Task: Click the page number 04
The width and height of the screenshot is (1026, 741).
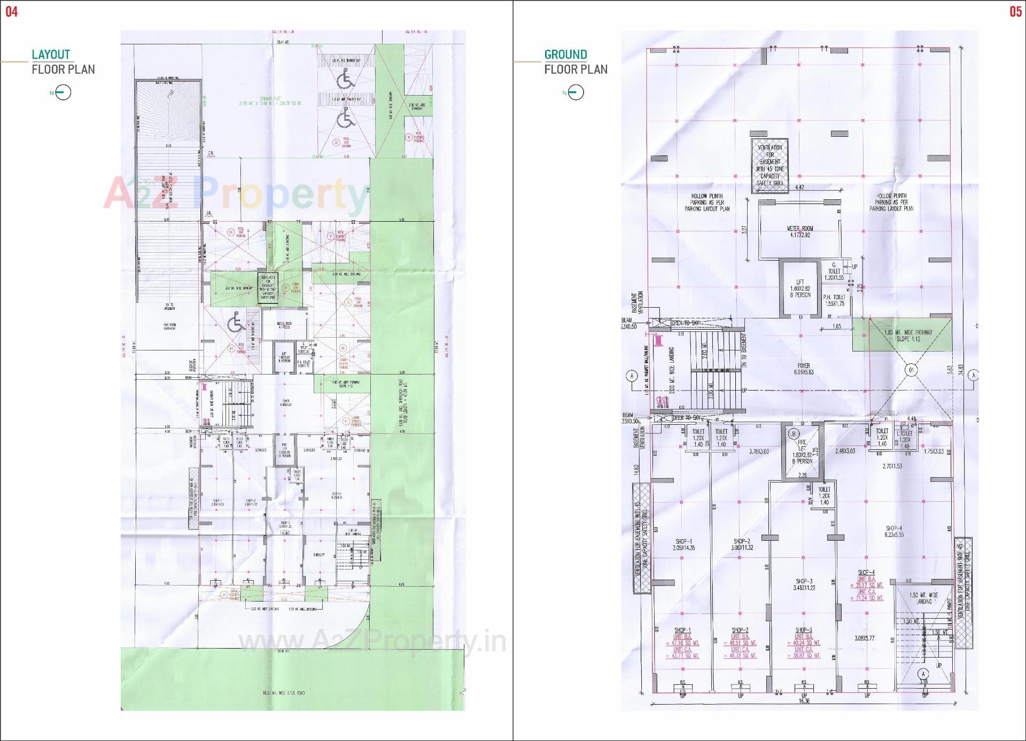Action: (x=12, y=12)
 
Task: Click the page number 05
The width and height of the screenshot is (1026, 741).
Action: (x=1015, y=12)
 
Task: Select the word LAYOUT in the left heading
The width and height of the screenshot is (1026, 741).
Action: (x=51, y=54)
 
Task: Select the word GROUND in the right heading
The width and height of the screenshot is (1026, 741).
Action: (x=565, y=54)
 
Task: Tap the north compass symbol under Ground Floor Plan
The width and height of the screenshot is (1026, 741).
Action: (x=576, y=92)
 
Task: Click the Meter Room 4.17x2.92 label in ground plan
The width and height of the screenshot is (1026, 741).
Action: (x=799, y=231)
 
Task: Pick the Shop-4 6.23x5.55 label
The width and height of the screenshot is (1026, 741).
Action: (x=893, y=531)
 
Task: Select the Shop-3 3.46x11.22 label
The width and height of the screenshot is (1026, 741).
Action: (x=804, y=584)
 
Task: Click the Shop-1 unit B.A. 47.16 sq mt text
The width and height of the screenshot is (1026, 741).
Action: (x=682, y=643)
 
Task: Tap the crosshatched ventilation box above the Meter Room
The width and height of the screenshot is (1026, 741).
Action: (x=770, y=165)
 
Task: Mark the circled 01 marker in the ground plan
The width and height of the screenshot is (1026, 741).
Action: (x=911, y=370)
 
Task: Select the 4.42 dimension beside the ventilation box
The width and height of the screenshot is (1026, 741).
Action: (x=799, y=188)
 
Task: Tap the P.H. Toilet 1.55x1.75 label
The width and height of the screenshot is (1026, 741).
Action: (x=834, y=300)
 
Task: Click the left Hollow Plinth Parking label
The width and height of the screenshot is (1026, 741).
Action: (x=706, y=202)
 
